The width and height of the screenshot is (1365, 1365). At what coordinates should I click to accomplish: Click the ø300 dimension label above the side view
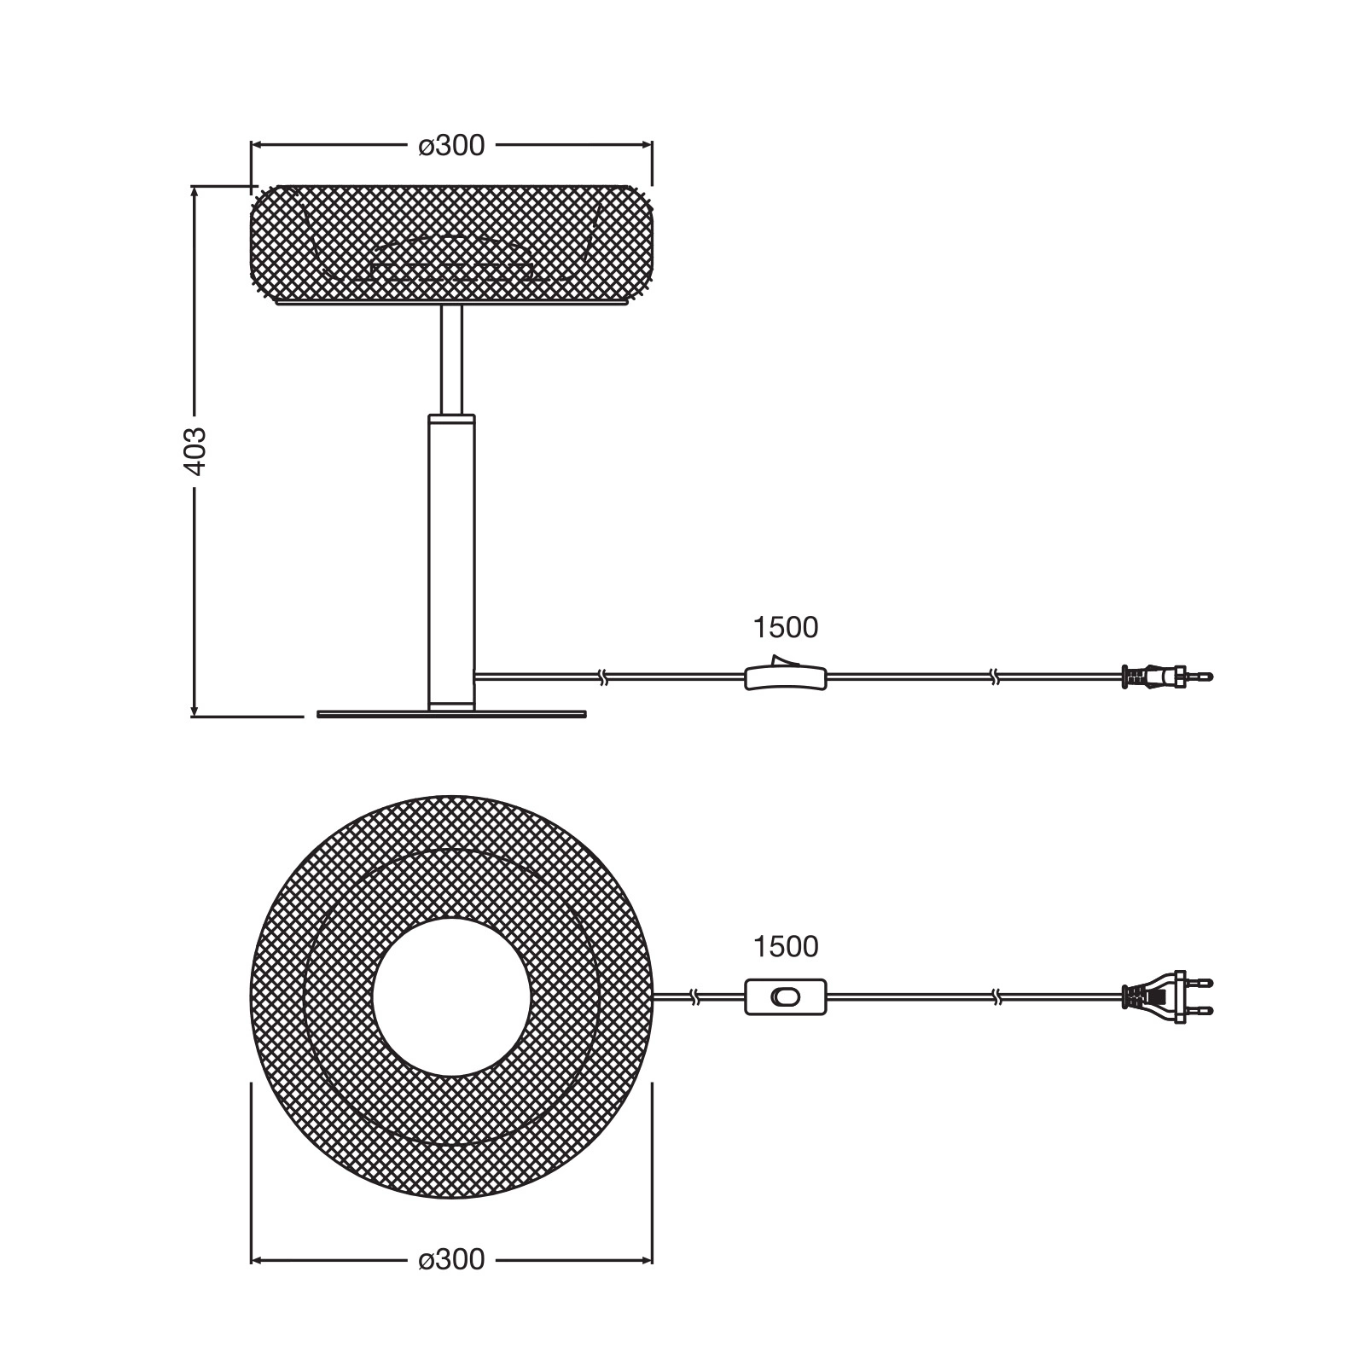[451, 146]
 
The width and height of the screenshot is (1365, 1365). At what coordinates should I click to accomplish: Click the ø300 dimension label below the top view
[451, 1259]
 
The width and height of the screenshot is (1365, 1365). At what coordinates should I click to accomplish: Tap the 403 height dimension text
[195, 450]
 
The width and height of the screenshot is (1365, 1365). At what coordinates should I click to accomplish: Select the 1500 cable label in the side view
[785, 628]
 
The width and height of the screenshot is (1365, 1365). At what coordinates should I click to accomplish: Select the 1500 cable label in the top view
[785, 946]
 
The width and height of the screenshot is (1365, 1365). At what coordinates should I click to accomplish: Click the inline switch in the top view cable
[786, 996]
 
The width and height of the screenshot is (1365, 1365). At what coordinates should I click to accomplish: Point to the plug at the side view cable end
[1165, 677]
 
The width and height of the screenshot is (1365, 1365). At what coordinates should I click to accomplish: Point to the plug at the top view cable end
[1165, 996]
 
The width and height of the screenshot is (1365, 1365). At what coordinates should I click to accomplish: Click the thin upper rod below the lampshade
[451, 358]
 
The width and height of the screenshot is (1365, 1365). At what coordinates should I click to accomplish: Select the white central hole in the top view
[451, 996]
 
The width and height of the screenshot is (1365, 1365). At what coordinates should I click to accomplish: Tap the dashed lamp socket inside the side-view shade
[452, 260]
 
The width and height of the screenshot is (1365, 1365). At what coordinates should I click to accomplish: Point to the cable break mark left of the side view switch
[603, 677]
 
